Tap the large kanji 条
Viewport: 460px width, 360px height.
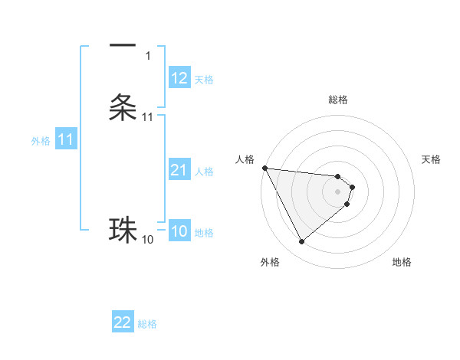coord(123,106)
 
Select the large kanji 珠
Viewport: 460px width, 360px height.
coord(123,230)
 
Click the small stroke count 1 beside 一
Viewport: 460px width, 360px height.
coord(147,56)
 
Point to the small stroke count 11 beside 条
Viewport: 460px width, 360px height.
coord(147,117)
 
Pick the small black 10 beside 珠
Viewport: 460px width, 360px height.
coord(147,240)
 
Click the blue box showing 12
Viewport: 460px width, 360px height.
coord(179,78)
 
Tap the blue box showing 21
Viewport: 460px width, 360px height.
coord(179,170)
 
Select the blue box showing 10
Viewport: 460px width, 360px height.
coord(179,231)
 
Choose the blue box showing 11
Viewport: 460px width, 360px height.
coord(66,140)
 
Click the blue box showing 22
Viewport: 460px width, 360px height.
coord(123,322)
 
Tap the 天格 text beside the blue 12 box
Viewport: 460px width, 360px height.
coord(204,80)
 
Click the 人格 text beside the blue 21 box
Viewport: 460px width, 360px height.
coord(204,172)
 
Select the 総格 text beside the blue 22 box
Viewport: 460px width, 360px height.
coord(147,324)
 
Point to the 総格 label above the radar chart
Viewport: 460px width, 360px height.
coord(338,100)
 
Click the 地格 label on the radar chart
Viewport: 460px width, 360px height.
coord(402,262)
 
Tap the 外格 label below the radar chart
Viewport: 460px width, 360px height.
coord(270,262)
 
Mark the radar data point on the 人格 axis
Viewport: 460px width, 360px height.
coord(264,168)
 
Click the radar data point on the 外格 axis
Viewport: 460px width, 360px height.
coord(301,242)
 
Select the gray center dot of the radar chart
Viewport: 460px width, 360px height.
coord(338,191)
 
